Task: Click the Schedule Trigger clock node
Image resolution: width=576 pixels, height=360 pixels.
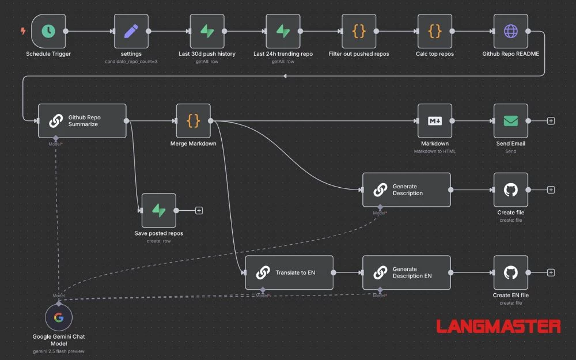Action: pos(48,31)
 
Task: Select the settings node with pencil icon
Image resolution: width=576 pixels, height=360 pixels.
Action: pos(131,31)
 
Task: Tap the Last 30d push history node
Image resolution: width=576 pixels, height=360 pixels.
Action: pos(207,31)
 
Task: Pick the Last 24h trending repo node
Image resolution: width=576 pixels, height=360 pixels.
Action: pos(283,31)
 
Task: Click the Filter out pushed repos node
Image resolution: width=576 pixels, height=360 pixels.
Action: pos(359,31)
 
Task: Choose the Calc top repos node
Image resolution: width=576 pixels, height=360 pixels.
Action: pos(435,31)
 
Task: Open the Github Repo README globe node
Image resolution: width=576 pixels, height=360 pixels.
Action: pos(511,31)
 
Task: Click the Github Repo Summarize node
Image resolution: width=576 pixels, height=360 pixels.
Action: pos(82,121)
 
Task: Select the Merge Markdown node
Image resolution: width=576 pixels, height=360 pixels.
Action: pos(194,121)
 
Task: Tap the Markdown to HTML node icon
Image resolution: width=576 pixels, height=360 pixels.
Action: pos(435,121)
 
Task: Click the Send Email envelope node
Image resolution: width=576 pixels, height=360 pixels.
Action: pos(511,121)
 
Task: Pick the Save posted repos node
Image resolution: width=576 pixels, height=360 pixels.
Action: pos(158,210)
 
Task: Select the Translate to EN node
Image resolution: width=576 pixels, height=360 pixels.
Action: pos(289,272)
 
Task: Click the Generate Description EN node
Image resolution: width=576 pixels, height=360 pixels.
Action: pos(407,272)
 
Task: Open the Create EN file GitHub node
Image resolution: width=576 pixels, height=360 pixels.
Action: pos(511,272)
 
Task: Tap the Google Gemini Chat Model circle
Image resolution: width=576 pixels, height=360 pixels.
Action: pos(59,317)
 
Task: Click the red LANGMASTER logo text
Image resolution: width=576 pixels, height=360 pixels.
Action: pos(498,327)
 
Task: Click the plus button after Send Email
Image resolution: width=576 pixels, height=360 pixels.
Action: pos(551,121)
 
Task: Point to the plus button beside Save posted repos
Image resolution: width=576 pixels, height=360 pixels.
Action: pos(199,210)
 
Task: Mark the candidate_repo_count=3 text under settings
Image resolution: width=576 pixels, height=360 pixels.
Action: pos(131,61)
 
